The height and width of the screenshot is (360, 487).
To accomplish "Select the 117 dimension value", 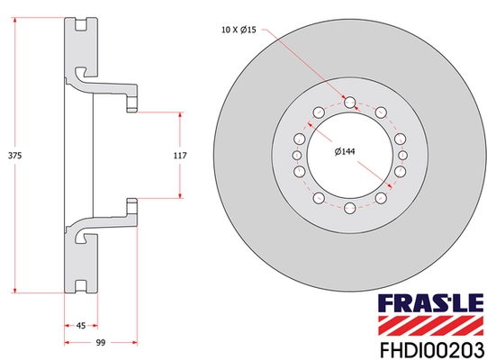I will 179,156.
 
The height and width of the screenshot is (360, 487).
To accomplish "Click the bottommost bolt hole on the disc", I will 348,208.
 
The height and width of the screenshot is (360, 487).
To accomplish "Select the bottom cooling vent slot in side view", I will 80,285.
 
